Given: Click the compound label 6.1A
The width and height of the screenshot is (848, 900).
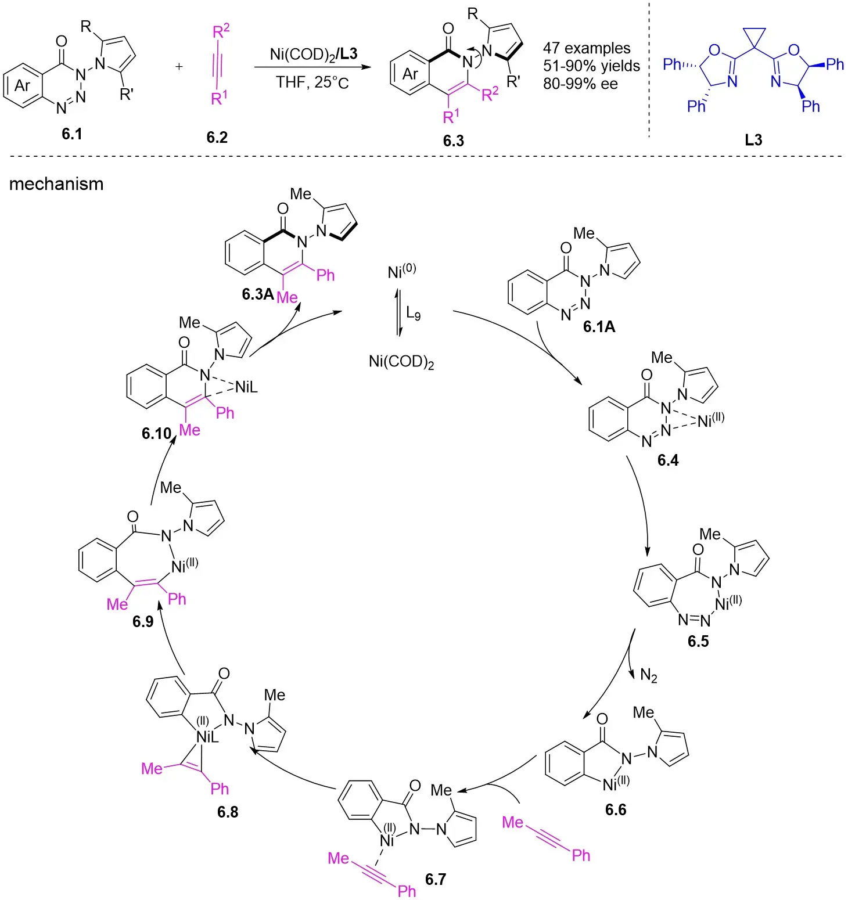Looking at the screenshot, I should click(599, 327).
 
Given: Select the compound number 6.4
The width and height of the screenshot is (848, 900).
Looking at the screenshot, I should click(668, 460).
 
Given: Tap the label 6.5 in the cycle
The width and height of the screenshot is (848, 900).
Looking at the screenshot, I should click(698, 641).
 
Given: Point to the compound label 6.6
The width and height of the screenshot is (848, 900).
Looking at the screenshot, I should click(616, 809).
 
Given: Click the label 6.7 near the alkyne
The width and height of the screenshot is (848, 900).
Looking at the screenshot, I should click(436, 879).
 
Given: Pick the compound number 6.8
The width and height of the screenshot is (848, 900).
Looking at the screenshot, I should click(228, 812).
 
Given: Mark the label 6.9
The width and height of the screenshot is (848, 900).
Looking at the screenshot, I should click(143, 622).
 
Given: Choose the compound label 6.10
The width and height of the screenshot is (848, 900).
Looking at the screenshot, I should click(157, 434).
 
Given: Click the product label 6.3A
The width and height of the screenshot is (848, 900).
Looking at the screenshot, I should click(257, 294).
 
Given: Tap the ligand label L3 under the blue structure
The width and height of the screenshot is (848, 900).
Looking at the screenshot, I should click(753, 140).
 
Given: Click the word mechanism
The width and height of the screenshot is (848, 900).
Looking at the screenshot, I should click(56, 184).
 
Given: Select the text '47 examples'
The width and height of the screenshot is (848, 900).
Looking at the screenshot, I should click(587, 48).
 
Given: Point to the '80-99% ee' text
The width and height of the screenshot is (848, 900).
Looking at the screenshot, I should click(580, 84).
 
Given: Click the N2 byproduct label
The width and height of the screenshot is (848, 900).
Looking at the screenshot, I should click(649, 675).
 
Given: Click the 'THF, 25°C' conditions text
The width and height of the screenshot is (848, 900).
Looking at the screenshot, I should click(312, 82).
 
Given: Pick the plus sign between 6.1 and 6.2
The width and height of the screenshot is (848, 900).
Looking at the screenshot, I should click(179, 67).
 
